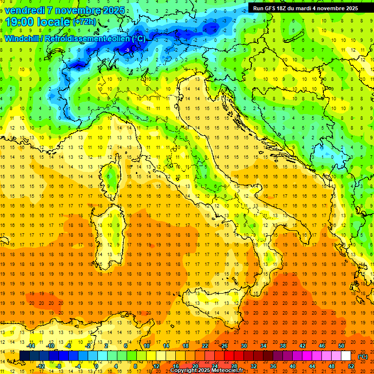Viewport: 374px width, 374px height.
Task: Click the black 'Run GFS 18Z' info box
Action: click(x=305, y=8)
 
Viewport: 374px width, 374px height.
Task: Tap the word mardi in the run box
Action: click(x=310, y=8)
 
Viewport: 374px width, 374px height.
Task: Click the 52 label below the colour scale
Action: click(x=351, y=366)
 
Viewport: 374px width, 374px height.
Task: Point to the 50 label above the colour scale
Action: click(x=341, y=346)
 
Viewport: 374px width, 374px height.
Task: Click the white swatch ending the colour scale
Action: click(x=346, y=356)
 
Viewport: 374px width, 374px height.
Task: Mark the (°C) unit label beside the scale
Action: click(x=362, y=356)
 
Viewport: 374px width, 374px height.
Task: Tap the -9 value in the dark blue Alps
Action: click(x=127, y=50)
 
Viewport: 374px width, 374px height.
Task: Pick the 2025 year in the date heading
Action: click(x=114, y=10)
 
